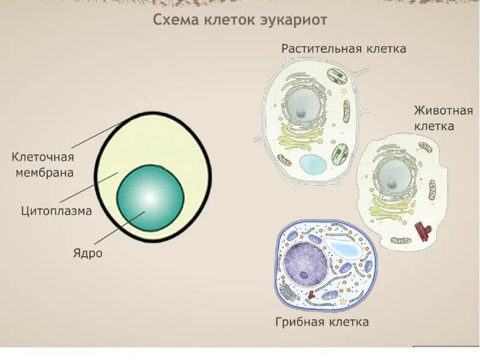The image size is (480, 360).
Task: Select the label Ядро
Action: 88,253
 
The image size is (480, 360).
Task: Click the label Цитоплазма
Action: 56,211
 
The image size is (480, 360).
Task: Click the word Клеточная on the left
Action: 43,157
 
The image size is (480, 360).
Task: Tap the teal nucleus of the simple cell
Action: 150,197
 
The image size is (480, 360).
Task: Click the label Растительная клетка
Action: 344,49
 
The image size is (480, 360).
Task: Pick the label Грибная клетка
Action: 322,322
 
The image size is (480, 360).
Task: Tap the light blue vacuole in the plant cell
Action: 313,164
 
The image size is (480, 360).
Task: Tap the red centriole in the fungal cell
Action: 313,295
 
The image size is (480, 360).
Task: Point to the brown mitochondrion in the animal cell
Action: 425,147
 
